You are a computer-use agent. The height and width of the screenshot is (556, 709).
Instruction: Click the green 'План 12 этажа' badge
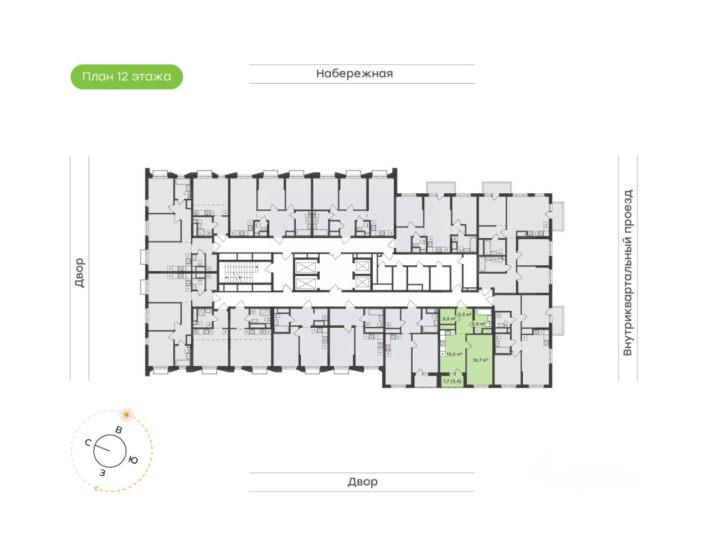click(126, 76)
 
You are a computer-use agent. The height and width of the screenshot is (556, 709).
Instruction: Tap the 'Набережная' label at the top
click(354, 74)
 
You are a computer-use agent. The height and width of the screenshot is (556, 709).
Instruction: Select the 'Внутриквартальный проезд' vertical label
click(628, 272)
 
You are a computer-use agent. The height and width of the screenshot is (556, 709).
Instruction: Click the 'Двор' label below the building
click(362, 482)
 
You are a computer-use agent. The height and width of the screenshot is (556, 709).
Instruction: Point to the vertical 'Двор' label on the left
click(79, 272)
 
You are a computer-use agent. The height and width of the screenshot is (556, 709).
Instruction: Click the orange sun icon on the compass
click(127, 414)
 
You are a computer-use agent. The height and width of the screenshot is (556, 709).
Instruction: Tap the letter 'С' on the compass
click(88, 442)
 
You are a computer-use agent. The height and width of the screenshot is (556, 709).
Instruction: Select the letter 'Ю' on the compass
click(133, 460)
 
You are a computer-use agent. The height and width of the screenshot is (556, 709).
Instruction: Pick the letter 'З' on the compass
click(102, 472)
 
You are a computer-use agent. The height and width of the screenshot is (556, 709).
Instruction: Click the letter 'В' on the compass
click(119, 430)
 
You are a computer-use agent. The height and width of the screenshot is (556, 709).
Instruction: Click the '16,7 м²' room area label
click(480, 359)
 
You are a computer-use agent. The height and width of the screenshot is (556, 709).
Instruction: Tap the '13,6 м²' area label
click(454, 354)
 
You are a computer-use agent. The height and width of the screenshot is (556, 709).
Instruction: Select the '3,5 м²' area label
click(449, 319)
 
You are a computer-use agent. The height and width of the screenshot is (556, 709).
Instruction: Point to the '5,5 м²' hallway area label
click(464, 314)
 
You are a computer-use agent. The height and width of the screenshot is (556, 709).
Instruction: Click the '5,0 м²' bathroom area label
click(478, 324)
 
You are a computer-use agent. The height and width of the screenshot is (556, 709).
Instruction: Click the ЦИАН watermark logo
click(582, 476)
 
